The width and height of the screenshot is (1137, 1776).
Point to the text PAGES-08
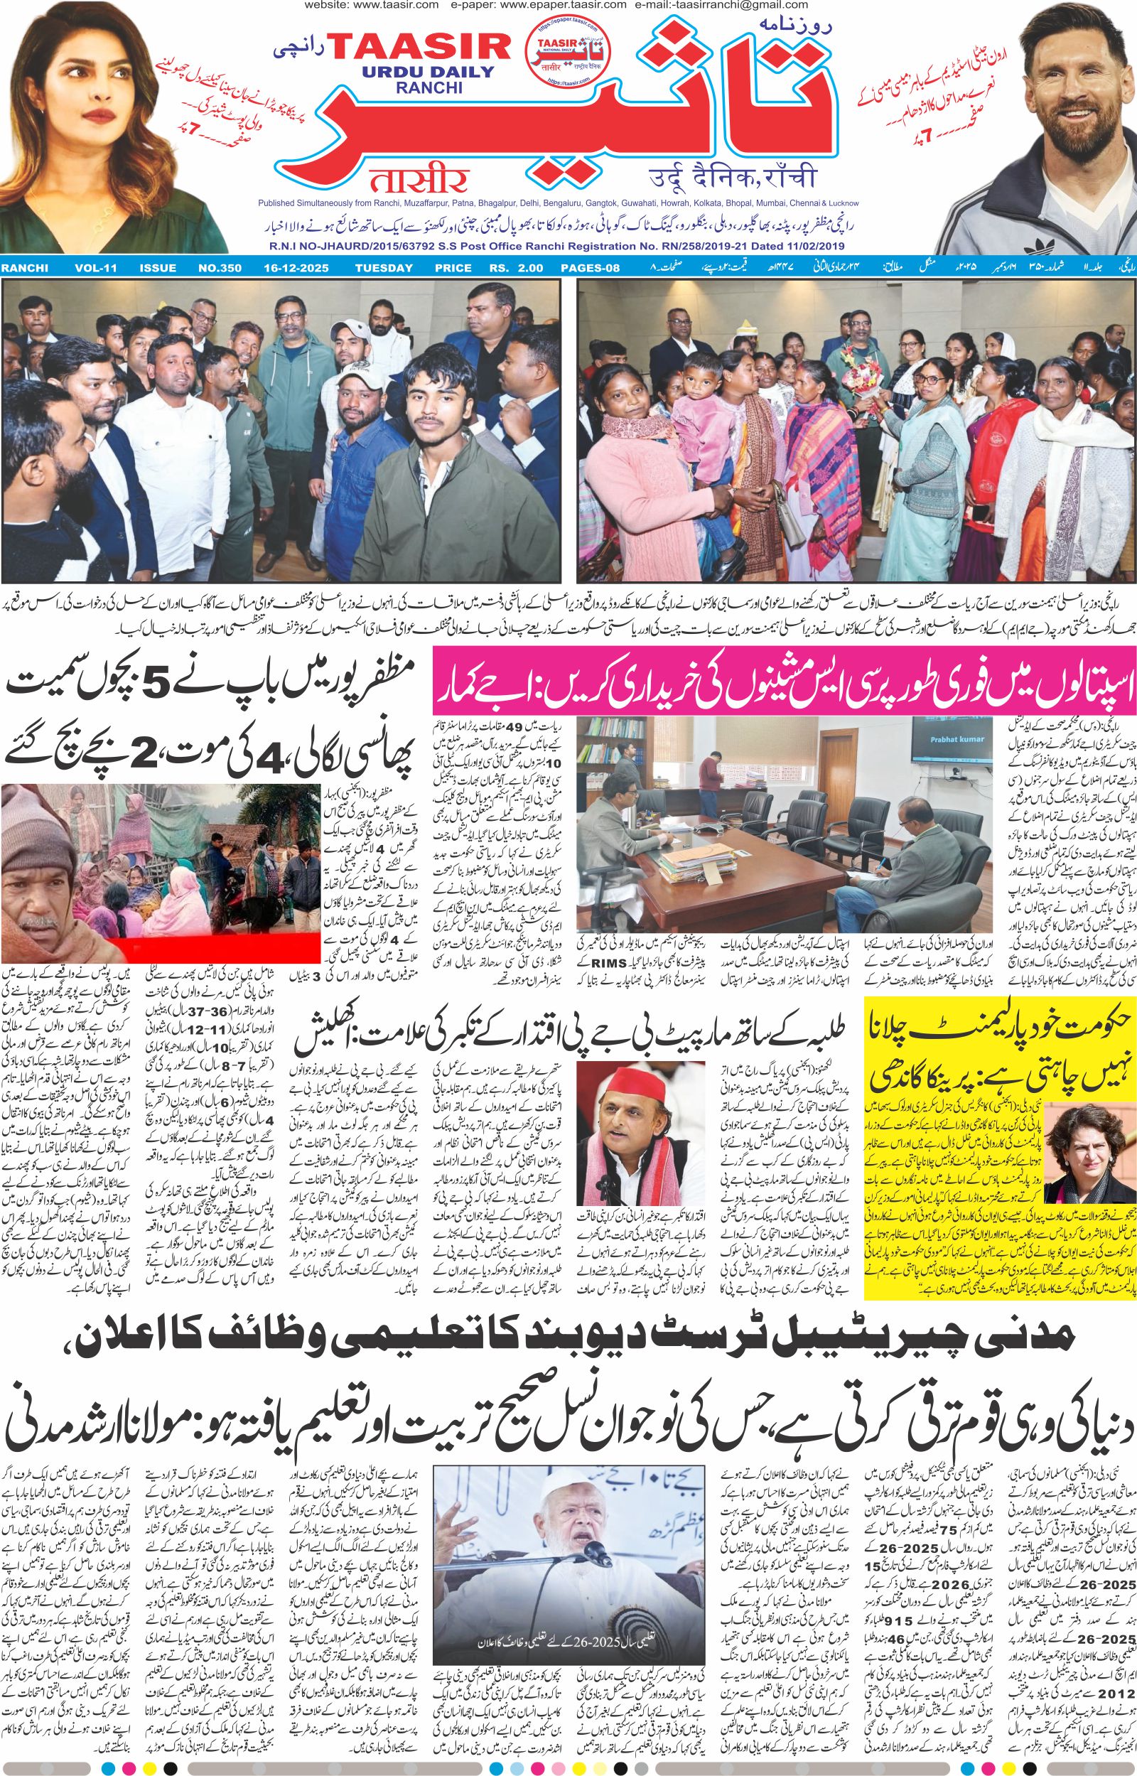pyautogui.click(x=589, y=268)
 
